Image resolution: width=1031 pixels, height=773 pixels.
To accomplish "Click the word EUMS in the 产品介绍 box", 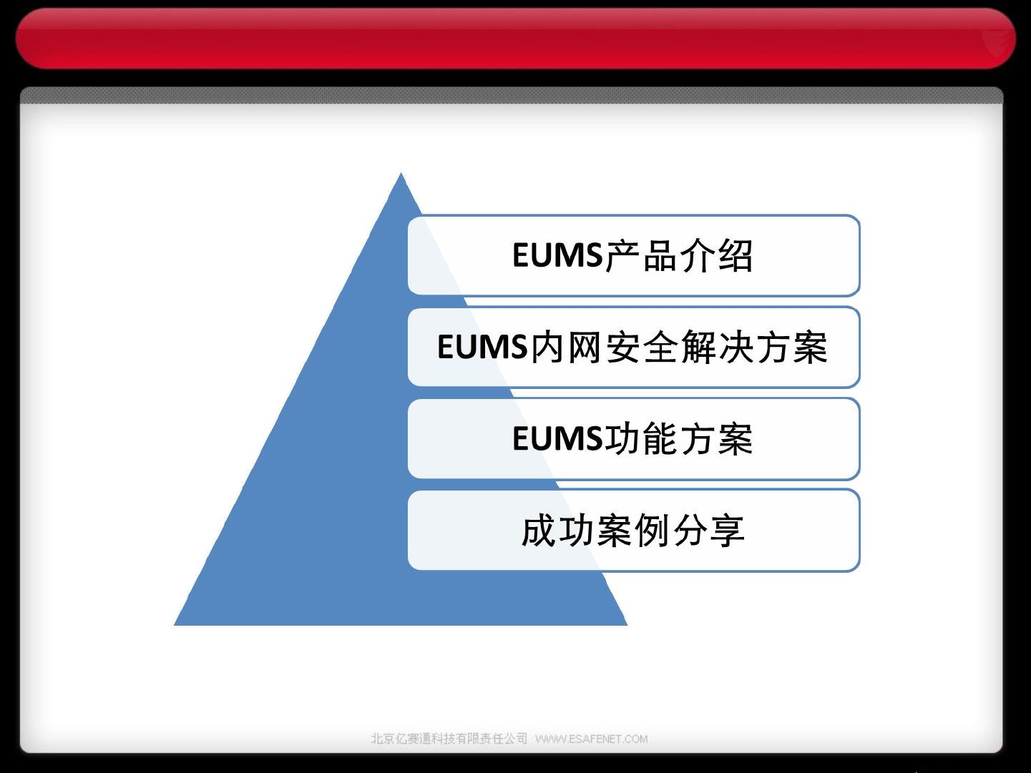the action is point(557,255).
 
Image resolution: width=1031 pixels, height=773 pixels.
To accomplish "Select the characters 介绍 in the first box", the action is point(715,256).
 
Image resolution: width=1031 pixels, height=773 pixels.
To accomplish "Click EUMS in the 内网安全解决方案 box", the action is point(482,347).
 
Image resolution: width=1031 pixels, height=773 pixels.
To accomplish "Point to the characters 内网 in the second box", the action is point(565,347).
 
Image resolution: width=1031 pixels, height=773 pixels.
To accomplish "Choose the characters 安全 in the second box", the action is point(640,347).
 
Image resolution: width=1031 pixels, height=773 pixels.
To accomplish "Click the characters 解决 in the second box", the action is point(715,347).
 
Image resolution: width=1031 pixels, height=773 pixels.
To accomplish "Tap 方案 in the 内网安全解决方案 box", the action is point(791,347).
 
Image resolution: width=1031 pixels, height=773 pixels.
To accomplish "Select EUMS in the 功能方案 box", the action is point(557,438).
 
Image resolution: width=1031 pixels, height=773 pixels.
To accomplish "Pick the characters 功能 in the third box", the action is point(640,438).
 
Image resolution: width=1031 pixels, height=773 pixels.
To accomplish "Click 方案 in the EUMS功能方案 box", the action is point(715,438).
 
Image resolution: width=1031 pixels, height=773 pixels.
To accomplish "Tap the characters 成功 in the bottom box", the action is point(558,531).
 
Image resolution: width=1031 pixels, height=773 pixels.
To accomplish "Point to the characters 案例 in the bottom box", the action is point(633,531).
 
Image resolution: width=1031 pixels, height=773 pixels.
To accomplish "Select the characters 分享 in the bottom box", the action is point(709,531).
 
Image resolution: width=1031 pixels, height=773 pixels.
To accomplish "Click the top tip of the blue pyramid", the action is point(401,173).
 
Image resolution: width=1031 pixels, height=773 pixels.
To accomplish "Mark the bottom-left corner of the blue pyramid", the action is point(175,625).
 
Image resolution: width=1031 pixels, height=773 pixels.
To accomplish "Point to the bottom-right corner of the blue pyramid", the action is point(627,625).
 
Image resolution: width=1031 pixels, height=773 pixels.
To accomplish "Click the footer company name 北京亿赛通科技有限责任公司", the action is point(449,739).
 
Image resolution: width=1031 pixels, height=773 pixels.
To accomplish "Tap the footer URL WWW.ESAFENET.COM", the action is point(592,739).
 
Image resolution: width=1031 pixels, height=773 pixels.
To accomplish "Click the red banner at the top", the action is point(516,39).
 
